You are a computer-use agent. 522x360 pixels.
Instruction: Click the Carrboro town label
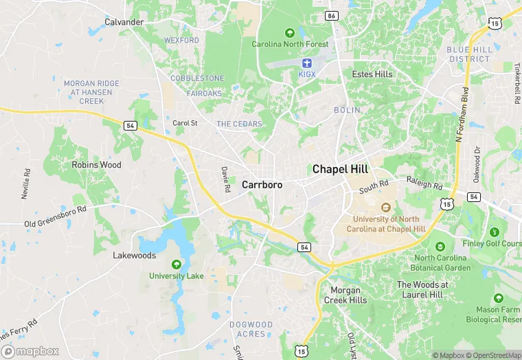pos(262,185)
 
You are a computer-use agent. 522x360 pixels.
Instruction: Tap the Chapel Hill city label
pos(340,169)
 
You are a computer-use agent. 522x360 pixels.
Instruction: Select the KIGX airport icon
pos(306,63)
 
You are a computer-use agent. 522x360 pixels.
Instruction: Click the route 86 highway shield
pos(332,14)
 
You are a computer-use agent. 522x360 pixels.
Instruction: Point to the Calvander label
pos(124,22)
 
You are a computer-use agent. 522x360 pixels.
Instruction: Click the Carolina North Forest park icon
pos(290,32)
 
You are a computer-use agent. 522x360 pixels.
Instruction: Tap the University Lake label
pos(177,276)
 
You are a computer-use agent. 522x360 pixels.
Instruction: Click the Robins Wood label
pos(97,165)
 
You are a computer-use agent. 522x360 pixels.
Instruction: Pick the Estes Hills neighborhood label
pos(372,74)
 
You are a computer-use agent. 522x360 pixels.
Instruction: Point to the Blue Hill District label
pos(468,54)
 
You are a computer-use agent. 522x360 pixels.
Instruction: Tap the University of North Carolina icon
pos(385,207)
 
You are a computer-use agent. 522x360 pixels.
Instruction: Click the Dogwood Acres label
pos(251,329)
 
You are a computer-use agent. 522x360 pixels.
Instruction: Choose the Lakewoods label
pos(135,255)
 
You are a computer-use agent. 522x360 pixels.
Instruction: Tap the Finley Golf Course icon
pos(495,232)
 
